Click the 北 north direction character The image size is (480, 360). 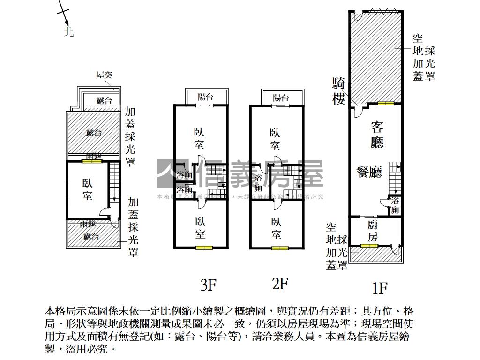coord(69,32)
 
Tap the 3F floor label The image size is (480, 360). coord(209,284)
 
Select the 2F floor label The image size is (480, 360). coord(280,283)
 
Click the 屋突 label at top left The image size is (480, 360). coord(104,75)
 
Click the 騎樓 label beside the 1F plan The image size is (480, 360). coord(338,91)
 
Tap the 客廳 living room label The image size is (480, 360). coord(377,135)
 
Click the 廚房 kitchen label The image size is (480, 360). coord(372,231)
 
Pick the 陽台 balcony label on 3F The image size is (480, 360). coord(205,97)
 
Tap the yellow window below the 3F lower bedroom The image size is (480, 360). coord(204,247)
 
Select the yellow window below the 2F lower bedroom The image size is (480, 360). coord(279,247)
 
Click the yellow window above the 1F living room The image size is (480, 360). coord(386,104)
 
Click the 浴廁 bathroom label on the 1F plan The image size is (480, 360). coord(395,206)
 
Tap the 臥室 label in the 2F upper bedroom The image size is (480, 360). coord(275,139)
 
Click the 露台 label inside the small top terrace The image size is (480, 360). coord(104,101)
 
